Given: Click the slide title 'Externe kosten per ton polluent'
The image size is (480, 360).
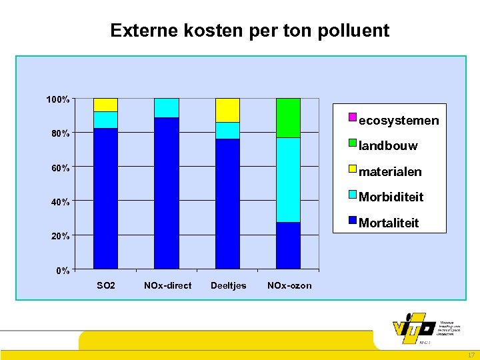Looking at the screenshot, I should click(249, 31).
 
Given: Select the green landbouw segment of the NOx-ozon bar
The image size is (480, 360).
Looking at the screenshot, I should click(288, 118).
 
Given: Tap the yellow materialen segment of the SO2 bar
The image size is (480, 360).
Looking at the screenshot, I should click(105, 105).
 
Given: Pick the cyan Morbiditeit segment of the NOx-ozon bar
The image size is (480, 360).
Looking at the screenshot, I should click(288, 180).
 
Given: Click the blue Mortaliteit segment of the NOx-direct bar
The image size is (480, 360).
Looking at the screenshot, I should click(166, 193).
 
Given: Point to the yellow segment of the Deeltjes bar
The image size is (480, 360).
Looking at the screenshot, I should click(227, 110).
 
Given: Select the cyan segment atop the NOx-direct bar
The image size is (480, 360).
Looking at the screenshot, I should click(166, 108).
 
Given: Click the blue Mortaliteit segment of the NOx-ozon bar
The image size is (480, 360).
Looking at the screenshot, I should click(288, 245).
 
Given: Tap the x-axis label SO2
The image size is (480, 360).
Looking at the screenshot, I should click(106, 286).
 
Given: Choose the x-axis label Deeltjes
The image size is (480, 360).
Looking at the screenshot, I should click(228, 286).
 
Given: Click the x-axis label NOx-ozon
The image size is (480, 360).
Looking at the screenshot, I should click(289, 286).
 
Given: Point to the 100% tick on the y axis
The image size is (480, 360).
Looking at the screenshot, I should click(58, 99).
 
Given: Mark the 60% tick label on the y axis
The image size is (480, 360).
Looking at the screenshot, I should click(61, 168).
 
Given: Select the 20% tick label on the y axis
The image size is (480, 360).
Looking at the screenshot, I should click(61, 236).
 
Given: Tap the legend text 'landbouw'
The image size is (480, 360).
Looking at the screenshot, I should click(388, 146).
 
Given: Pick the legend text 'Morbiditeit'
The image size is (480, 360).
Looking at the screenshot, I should click(391, 197).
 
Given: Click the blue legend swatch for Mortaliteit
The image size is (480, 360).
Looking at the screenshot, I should click(353, 221).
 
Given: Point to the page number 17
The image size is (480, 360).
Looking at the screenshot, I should click(471, 355).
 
